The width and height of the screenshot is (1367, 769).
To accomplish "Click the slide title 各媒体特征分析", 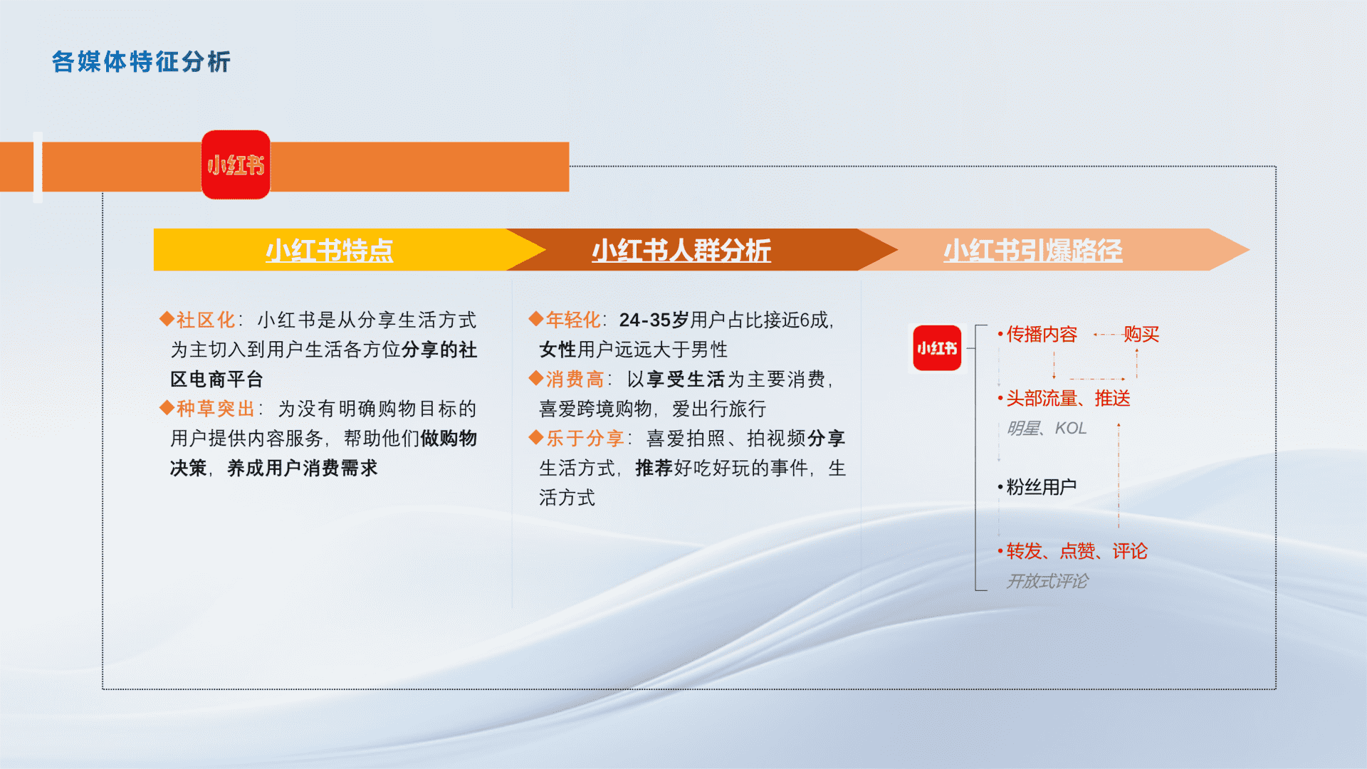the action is click(141, 62).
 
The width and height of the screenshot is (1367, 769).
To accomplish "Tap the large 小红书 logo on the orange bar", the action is click(236, 164).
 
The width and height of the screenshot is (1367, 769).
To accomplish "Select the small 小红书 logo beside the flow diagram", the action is click(937, 348).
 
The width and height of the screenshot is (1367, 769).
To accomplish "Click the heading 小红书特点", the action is click(330, 251).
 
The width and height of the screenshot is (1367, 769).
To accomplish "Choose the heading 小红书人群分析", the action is click(681, 251).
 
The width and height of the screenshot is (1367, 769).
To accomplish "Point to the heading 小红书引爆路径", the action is click(1033, 251).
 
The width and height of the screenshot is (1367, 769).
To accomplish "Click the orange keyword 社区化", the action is click(206, 320).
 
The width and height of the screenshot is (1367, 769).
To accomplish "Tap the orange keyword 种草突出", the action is click(216, 409).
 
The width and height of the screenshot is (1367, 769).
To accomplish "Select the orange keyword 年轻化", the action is click(574, 320).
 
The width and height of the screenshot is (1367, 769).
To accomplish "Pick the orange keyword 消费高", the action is click(575, 379).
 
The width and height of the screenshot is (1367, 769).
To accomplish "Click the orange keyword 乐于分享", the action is click(585, 438).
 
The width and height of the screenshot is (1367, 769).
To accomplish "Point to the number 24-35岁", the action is click(654, 320).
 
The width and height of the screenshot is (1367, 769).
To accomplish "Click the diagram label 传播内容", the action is click(1042, 334).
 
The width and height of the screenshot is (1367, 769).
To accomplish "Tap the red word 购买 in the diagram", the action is click(1141, 334).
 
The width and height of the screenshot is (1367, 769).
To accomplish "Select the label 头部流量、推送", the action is click(1068, 398).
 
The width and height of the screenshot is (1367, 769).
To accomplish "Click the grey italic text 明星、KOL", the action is click(1047, 428).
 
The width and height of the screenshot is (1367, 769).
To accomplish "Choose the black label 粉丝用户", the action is click(1042, 487).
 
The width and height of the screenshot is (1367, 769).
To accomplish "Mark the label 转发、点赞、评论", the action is click(1077, 551).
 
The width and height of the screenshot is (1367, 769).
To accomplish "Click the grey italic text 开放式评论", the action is click(1047, 581).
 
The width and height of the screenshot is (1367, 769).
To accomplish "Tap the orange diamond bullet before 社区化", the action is click(167, 319).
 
